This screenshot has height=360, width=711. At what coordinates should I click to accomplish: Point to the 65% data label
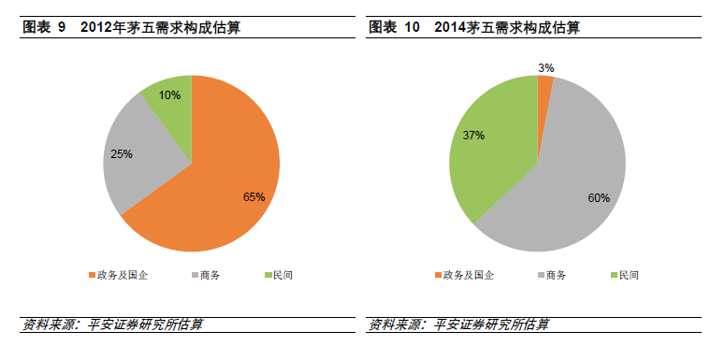click(x=254, y=197)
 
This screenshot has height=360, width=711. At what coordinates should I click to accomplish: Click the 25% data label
click(x=122, y=153)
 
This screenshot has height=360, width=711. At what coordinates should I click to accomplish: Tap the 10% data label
click(x=170, y=94)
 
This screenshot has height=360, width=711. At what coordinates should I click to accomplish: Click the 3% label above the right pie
click(x=546, y=67)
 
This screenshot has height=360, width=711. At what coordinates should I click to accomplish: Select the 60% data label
click(x=599, y=197)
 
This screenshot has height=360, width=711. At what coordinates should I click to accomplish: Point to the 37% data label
click(x=473, y=135)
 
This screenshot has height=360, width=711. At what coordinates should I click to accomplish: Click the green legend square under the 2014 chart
click(x=613, y=276)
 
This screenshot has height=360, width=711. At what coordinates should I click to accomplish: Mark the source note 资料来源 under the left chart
click(x=112, y=324)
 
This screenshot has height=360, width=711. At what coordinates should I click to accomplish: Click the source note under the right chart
click(x=458, y=324)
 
